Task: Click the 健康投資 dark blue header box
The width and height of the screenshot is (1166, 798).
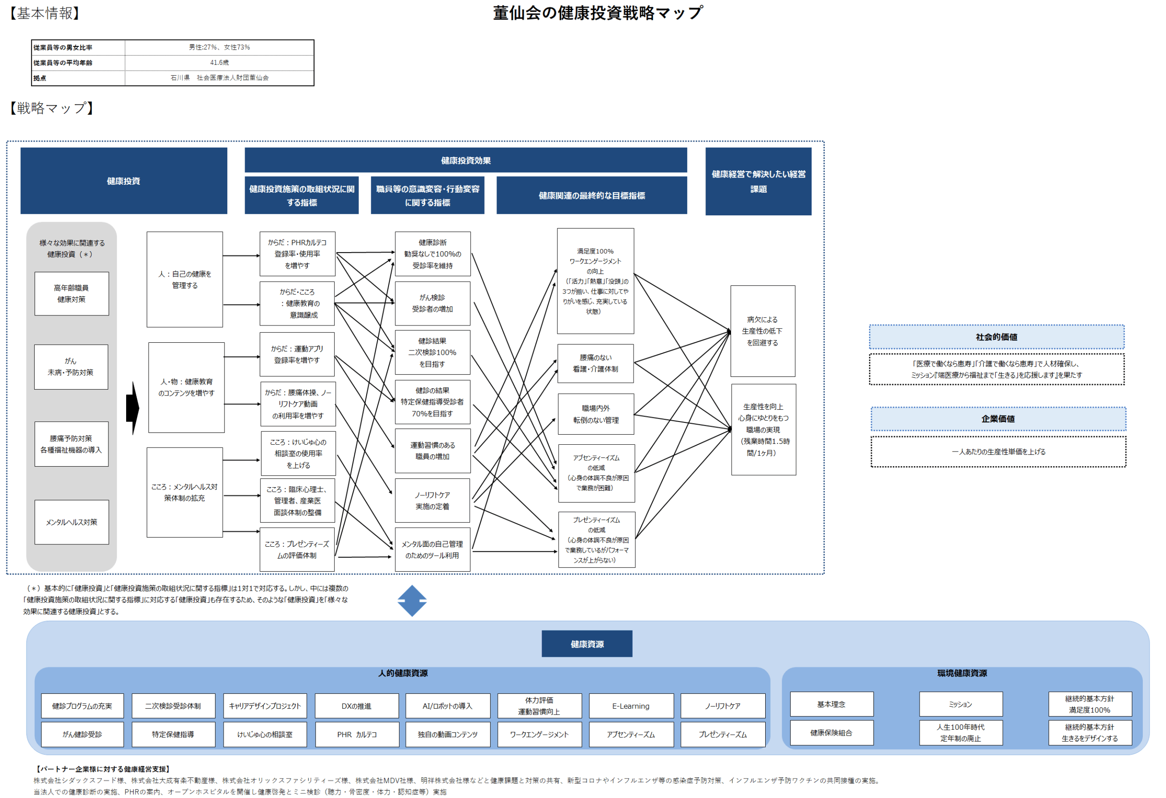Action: [123, 181]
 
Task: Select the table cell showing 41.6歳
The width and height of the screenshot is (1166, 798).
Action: [219, 63]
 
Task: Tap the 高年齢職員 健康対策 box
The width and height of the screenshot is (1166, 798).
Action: [71, 294]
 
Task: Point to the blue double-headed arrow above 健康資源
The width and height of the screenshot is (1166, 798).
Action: [412, 601]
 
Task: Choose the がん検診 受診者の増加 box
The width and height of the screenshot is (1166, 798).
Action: [433, 304]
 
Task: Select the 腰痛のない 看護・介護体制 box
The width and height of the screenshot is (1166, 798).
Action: [596, 364]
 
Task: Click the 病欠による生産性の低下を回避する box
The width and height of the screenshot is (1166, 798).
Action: [762, 331]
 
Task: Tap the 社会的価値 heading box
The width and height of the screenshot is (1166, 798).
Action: [997, 337]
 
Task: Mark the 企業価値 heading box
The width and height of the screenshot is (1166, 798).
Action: [998, 419]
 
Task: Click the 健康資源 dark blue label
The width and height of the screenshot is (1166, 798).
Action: [587, 644]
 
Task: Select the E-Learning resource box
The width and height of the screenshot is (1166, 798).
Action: [631, 706]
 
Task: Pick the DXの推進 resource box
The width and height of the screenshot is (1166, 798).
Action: [357, 706]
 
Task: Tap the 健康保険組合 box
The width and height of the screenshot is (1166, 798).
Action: [831, 733]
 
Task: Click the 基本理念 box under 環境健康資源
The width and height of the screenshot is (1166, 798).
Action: [831, 704]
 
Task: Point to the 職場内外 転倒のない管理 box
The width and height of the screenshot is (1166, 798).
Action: [596, 414]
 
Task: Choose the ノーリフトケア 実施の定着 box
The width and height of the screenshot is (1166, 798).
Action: [433, 501]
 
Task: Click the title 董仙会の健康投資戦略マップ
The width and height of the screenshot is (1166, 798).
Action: [598, 13]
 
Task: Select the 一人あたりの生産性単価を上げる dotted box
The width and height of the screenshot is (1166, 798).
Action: [998, 452]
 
